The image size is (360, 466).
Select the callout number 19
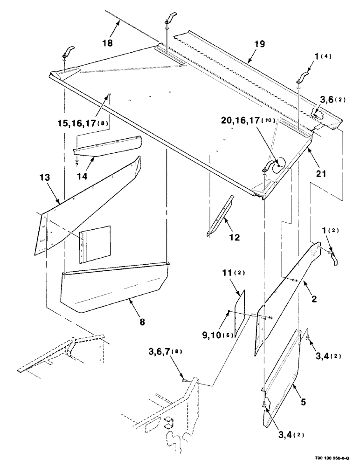(260, 44)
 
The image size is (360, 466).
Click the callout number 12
(234, 237)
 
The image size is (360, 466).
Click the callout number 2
(314, 299)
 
